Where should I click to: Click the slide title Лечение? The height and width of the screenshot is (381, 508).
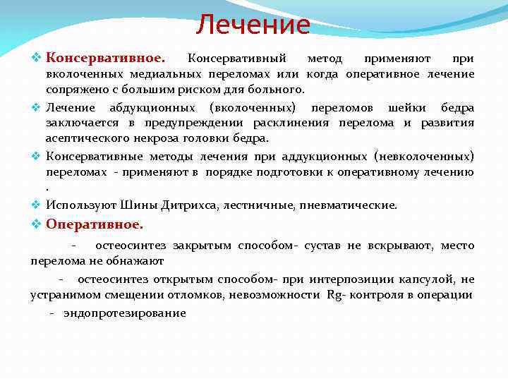[x=253, y=25]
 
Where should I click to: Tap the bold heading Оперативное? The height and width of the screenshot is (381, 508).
[x=94, y=224]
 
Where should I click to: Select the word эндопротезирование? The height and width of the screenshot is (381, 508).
[x=125, y=313]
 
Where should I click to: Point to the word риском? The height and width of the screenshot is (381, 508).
[x=191, y=90]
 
